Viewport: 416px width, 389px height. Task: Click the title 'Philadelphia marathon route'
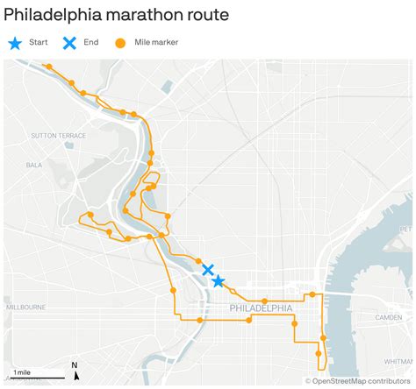117,15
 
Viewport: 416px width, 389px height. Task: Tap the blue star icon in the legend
15,42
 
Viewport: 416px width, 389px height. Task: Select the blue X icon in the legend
69,42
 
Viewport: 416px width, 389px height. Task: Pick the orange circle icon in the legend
120,43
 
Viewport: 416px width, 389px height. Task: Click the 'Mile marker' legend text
156,42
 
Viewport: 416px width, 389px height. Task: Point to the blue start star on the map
218,281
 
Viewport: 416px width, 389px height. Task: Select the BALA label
34,164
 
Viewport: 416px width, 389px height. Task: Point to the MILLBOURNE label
25,308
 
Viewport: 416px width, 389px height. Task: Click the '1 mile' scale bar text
22,372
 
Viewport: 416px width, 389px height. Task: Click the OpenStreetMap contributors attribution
358,381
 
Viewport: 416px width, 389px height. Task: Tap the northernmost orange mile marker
49,67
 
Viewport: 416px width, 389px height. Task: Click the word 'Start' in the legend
38,42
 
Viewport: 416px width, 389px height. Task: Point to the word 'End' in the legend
91,42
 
